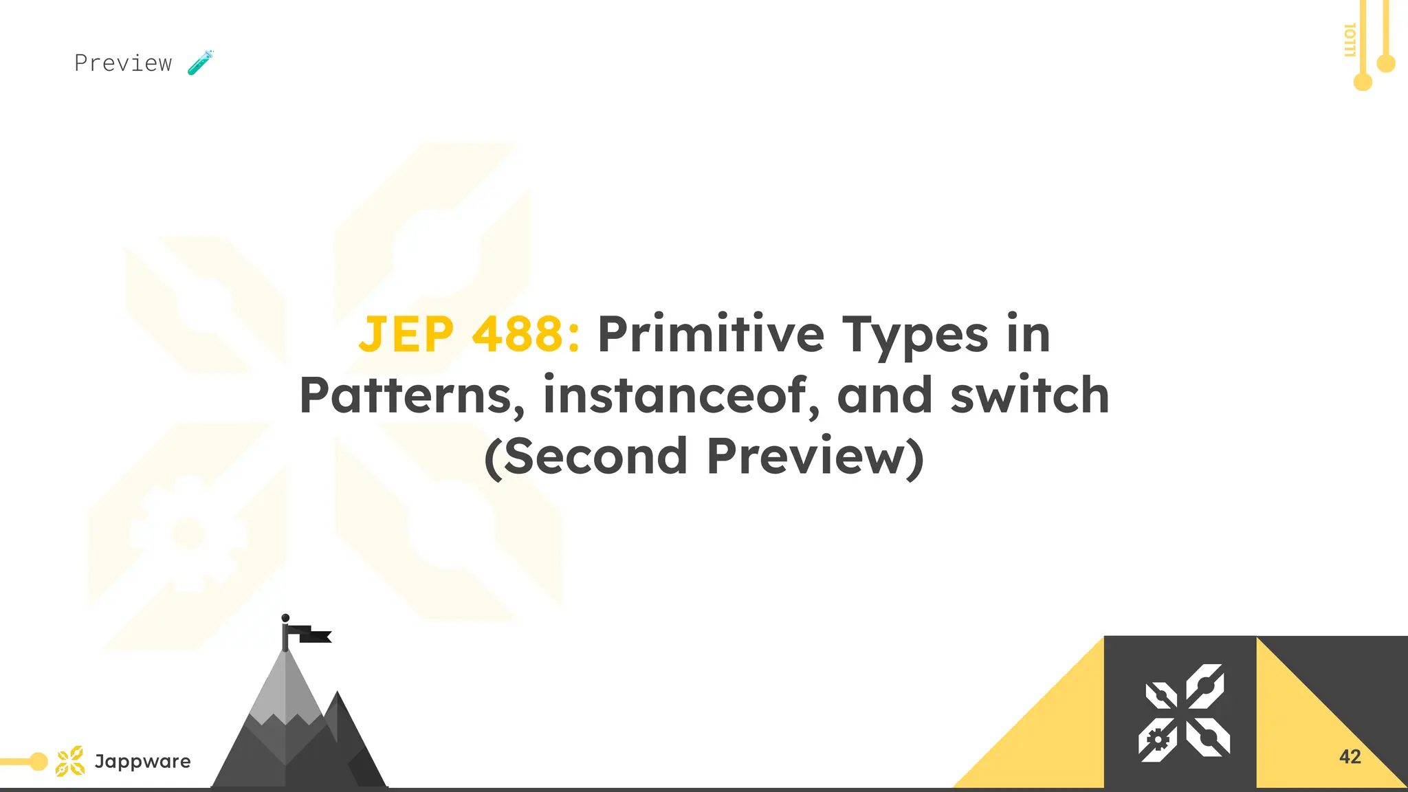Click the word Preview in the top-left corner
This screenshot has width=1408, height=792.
123,63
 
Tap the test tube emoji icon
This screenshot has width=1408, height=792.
201,63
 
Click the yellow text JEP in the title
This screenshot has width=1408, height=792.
406,335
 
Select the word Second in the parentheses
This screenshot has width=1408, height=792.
595,456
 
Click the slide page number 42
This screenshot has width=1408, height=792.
1350,757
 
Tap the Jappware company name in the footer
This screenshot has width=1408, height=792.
142,761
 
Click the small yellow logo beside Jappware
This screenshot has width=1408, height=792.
70,761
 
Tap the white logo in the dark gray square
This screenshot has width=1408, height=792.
1184,713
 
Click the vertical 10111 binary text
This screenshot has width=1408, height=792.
1350,40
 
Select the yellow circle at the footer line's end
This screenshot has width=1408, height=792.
39,761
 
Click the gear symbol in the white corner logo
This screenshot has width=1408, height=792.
1158,740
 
